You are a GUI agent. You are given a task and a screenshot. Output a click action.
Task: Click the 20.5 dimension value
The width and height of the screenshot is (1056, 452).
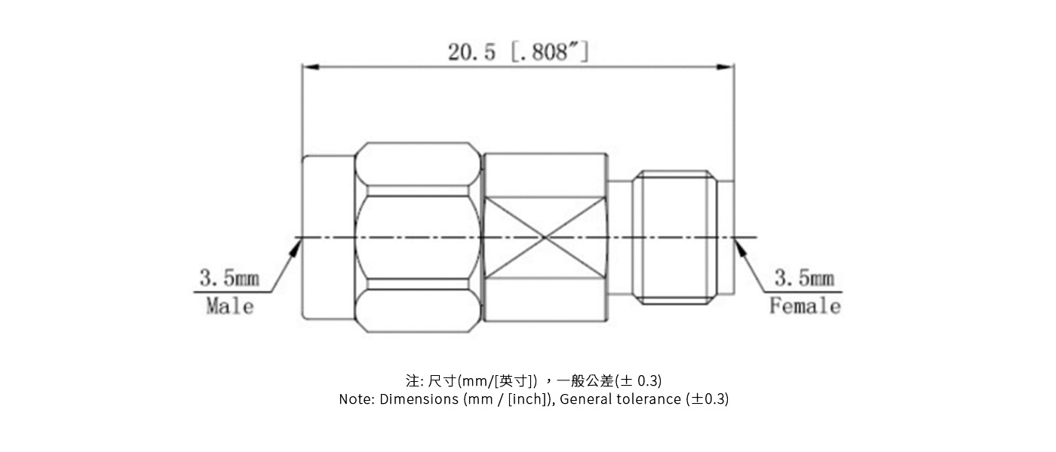(x=472, y=53)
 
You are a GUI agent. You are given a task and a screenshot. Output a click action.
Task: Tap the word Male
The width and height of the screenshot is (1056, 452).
(x=230, y=306)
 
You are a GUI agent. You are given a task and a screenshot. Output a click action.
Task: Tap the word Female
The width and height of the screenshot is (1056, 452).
(x=804, y=306)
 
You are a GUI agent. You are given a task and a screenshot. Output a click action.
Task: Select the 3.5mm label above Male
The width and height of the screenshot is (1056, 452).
(x=229, y=279)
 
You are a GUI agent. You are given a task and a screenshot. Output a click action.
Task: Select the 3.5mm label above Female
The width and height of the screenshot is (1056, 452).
(x=804, y=279)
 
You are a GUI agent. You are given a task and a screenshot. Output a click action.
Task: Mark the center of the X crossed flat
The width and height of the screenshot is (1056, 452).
(x=545, y=238)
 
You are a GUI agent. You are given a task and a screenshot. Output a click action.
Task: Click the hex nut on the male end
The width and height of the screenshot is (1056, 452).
(x=418, y=237)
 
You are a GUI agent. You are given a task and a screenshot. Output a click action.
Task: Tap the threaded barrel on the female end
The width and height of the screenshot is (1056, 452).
(x=674, y=237)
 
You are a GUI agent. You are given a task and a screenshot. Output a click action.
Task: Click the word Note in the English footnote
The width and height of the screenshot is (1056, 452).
(x=355, y=399)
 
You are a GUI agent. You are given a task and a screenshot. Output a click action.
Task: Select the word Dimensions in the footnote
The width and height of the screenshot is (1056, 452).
(x=419, y=399)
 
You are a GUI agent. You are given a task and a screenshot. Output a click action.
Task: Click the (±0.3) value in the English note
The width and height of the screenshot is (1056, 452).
(x=708, y=399)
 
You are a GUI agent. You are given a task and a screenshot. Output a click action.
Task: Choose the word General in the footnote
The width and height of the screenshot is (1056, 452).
(x=585, y=399)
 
